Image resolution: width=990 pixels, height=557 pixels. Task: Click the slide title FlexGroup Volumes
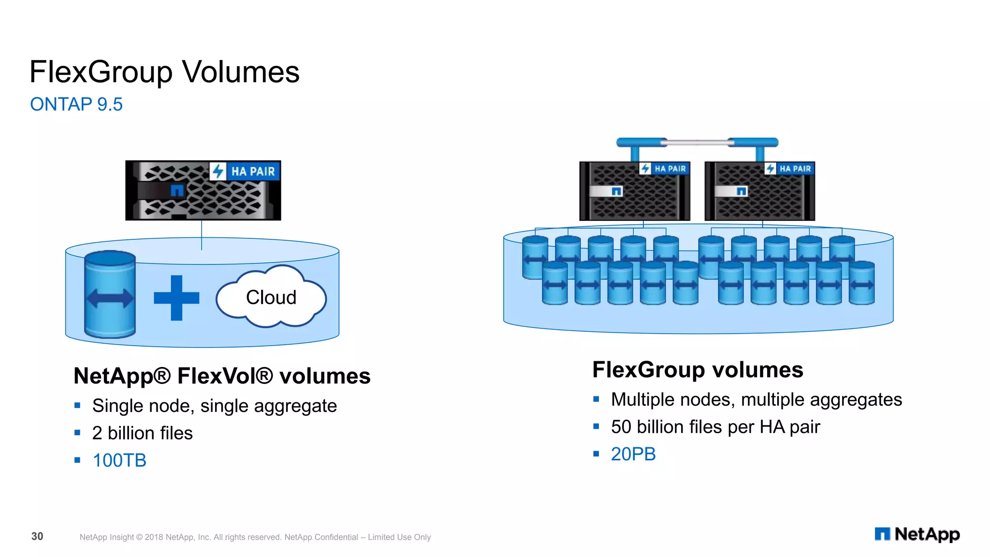pyautogui.click(x=164, y=72)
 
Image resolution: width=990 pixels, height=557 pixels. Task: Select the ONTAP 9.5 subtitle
pyautogui.click(x=76, y=104)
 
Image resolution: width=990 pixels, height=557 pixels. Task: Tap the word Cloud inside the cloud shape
pyautogui.click(x=271, y=297)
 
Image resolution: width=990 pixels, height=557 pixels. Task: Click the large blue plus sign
pyautogui.click(x=176, y=298)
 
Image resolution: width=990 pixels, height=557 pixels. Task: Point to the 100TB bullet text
pyautogui.click(x=119, y=460)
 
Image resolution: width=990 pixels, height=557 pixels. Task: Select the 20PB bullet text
pyautogui.click(x=633, y=454)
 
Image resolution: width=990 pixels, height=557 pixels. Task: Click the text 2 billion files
pyautogui.click(x=142, y=433)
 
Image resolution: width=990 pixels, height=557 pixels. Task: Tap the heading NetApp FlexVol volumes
pyautogui.click(x=222, y=376)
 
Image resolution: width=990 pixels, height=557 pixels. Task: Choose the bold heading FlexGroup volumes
pyautogui.click(x=698, y=370)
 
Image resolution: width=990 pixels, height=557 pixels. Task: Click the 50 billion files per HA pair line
pyautogui.click(x=715, y=427)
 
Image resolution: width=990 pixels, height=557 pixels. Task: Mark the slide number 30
pyautogui.click(x=37, y=536)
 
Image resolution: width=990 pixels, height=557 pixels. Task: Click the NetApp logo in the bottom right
pyautogui.click(x=917, y=534)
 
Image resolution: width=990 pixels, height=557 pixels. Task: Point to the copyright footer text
pyautogui.click(x=255, y=537)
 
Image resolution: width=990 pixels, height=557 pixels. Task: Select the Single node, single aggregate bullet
pyautogui.click(x=214, y=406)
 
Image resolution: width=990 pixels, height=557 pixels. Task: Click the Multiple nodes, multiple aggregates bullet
pyautogui.click(x=756, y=400)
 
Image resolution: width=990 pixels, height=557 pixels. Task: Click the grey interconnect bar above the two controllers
pyautogui.click(x=697, y=142)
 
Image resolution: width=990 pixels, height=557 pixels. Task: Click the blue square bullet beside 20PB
pyautogui.click(x=596, y=454)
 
